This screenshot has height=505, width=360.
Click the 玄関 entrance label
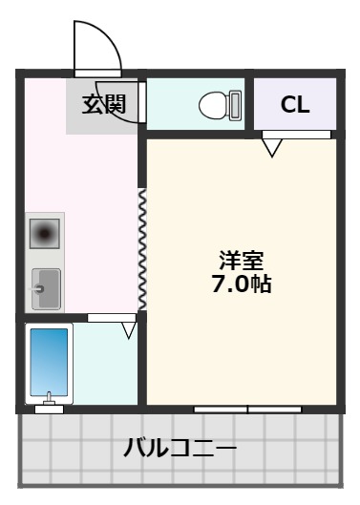[x=102, y=104]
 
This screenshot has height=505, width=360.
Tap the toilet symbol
[x=217, y=104]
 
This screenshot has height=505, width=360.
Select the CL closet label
[x=294, y=105]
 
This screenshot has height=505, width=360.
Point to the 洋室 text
[x=241, y=260]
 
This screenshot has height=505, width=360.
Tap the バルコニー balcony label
[x=180, y=447]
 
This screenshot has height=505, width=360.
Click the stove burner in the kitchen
[x=45, y=232]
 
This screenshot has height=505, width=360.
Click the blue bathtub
[x=49, y=360]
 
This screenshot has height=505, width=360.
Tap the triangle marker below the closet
[x=273, y=148]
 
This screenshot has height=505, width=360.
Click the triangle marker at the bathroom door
[x=129, y=330]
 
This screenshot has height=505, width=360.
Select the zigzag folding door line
[x=142, y=248]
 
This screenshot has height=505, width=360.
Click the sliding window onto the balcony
[x=248, y=409]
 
